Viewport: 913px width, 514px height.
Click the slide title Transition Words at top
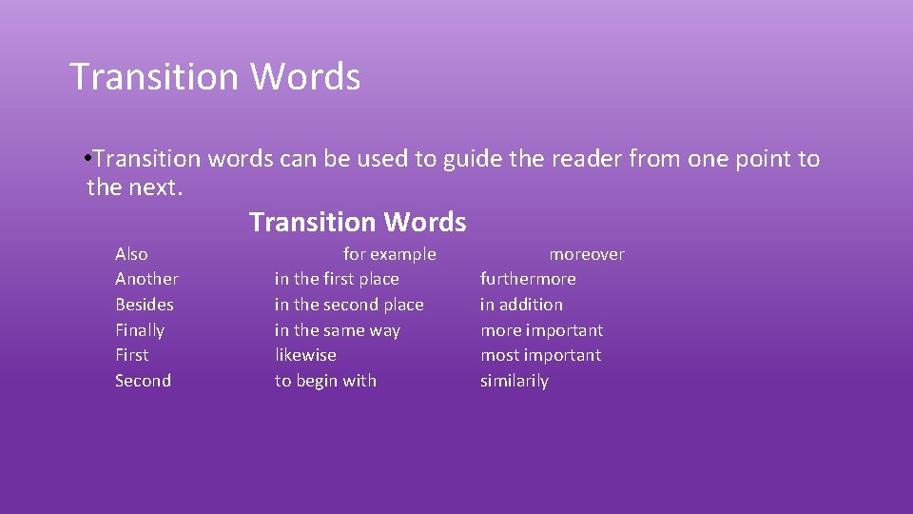pyautogui.click(x=215, y=77)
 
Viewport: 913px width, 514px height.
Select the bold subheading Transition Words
pyautogui.click(x=358, y=223)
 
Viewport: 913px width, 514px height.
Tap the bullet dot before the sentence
pyautogui.click(x=87, y=157)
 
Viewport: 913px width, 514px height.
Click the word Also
pyautogui.click(x=131, y=254)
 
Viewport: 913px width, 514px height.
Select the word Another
pyautogui.click(x=146, y=279)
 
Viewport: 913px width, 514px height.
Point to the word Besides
pyautogui.click(x=145, y=305)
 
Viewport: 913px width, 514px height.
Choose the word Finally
pyautogui.click(x=140, y=330)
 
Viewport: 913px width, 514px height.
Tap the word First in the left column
pyautogui.click(x=132, y=355)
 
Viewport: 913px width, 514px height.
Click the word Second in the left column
pyautogui.click(x=144, y=381)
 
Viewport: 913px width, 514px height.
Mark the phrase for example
pyautogui.click(x=390, y=254)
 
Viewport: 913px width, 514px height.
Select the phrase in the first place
pyautogui.click(x=337, y=279)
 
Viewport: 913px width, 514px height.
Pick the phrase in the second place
pyautogui.click(x=349, y=305)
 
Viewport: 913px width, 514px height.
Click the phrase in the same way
pyautogui.click(x=338, y=330)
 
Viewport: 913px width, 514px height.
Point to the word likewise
pyautogui.click(x=305, y=355)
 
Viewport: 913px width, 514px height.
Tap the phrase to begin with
pyautogui.click(x=325, y=381)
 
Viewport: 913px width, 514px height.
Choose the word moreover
pyautogui.click(x=587, y=254)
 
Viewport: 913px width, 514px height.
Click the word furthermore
pyautogui.click(x=528, y=279)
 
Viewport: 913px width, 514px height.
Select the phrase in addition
pyautogui.click(x=521, y=305)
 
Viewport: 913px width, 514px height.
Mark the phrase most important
pyautogui.click(x=541, y=355)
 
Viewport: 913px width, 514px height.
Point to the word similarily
pyautogui.click(x=515, y=381)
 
